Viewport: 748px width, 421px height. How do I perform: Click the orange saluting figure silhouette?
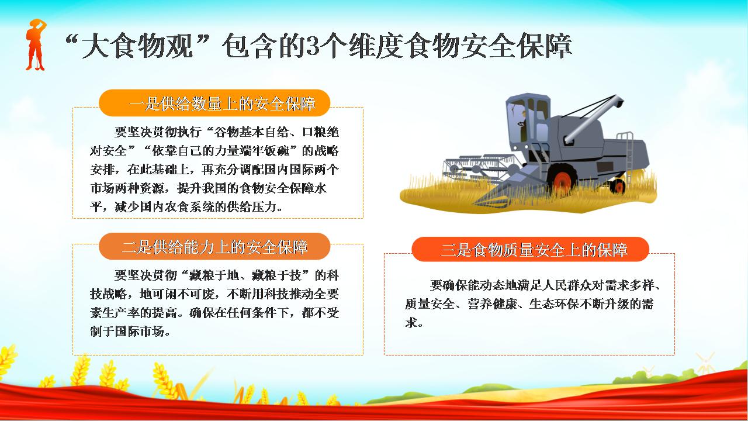36,45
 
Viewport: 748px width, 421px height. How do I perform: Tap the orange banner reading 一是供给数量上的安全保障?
214,103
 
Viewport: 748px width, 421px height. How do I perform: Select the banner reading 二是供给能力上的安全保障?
214,247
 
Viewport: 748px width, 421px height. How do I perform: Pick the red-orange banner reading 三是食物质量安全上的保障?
530,249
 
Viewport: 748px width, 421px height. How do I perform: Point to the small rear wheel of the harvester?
618,186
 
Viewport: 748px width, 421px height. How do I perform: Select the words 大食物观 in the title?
137,46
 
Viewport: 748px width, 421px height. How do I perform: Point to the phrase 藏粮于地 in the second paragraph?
214,275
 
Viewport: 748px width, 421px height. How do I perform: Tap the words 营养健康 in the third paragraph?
492,303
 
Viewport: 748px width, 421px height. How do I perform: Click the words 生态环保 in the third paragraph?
555,303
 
